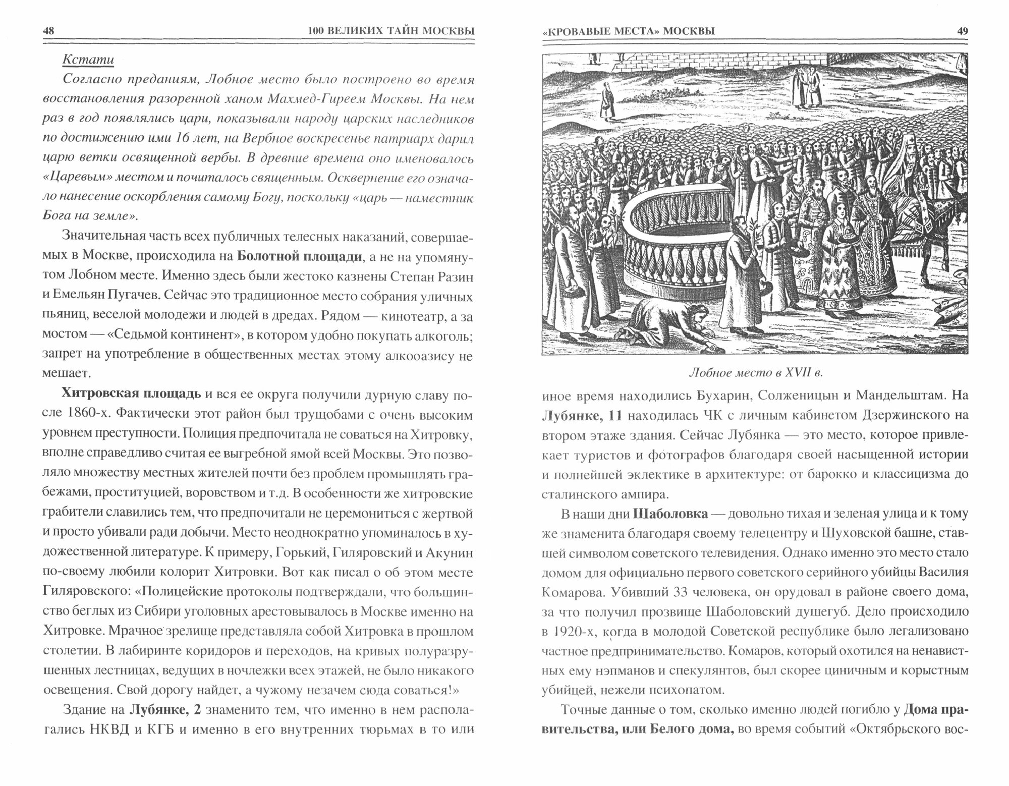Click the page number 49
pyautogui.click(x=962, y=31)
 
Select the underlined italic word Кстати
pyautogui.click(x=88, y=60)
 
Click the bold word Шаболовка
pyautogui.click(x=664, y=514)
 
